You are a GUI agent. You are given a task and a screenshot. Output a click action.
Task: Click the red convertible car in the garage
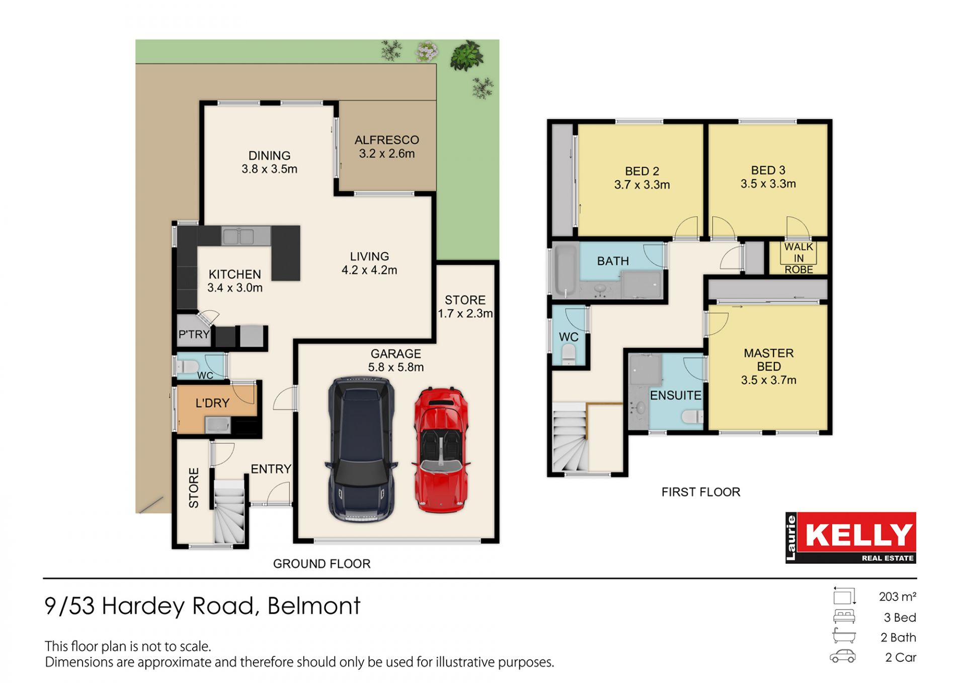coord(441,450)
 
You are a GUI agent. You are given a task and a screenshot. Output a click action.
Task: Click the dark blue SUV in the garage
coord(361,450)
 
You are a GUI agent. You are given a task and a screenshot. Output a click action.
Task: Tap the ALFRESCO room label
coord(386,140)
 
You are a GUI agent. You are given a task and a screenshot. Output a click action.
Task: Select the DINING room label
coord(269,155)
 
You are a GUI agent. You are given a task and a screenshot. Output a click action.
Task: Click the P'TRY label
coord(194,334)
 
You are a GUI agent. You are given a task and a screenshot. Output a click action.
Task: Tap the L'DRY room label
coord(212,403)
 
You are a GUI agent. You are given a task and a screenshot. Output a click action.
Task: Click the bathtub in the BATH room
coord(565,270)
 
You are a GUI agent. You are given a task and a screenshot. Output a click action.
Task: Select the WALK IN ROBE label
coord(798,258)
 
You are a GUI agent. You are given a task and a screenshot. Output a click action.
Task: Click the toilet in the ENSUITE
coord(692,416)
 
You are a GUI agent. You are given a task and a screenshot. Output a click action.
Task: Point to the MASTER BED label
coord(769,360)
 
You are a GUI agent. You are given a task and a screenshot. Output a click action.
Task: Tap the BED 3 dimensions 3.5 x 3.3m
coord(768,184)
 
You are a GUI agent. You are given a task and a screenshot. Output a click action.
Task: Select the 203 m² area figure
coord(898,596)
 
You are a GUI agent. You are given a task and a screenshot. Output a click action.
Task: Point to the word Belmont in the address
coord(314,606)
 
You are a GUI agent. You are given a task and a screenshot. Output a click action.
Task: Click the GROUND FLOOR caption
coord(321,564)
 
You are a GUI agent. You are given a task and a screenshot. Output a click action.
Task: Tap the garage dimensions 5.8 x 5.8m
coord(396,367)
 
